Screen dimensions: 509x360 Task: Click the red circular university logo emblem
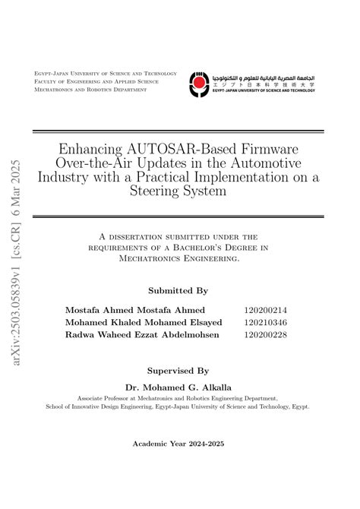click(x=197, y=84)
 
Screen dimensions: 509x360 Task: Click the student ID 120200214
click(x=265, y=310)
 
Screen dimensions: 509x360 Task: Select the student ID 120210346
click(x=265, y=322)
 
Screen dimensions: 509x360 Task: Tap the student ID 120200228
click(x=265, y=334)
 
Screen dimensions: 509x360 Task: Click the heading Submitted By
click(x=178, y=290)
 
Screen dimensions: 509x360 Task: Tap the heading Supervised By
click(x=178, y=371)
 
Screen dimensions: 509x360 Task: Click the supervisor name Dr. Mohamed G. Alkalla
click(x=178, y=386)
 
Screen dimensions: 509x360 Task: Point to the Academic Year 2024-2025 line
click(x=178, y=442)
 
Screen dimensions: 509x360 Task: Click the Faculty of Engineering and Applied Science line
click(x=96, y=81)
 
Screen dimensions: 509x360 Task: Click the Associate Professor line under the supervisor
click(x=178, y=397)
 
